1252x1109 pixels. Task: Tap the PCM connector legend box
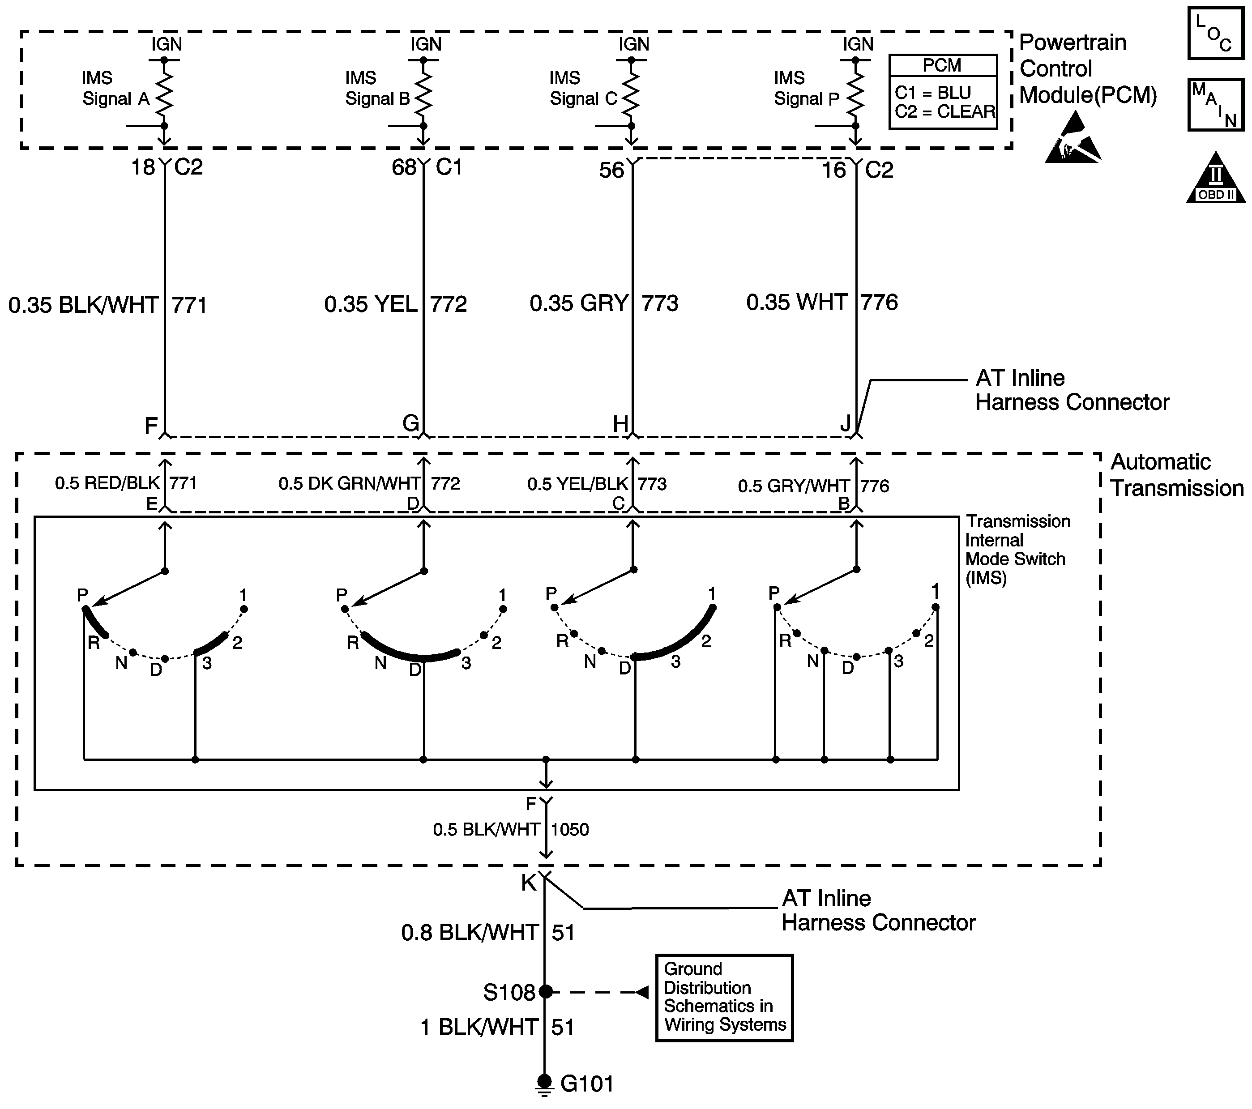coord(943,92)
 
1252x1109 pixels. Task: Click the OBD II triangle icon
coord(1216,178)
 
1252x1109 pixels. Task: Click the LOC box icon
coord(1216,33)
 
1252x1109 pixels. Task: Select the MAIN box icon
coord(1216,105)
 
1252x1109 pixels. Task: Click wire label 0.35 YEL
coord(371,304)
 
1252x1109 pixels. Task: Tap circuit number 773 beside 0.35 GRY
coord(660,303)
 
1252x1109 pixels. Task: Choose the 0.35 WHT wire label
coord(797,302)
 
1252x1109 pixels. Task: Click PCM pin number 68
coord(404,167)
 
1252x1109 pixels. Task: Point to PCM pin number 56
coord(611,170)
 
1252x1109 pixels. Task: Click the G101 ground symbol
coord(544,1084)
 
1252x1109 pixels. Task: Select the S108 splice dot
coord(545,992)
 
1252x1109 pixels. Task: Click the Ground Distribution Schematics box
coord(724,998)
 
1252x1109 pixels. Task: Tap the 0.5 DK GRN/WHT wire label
coord(350,484)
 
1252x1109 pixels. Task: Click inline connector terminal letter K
coord(529,883)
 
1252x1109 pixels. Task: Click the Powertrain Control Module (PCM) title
coord(1088,68)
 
